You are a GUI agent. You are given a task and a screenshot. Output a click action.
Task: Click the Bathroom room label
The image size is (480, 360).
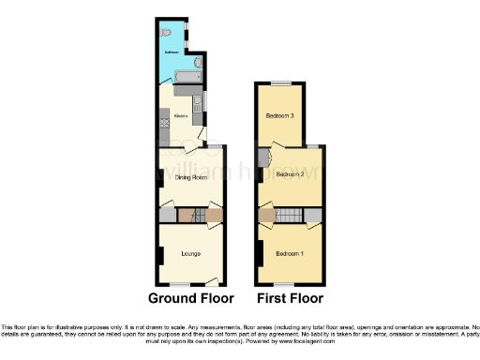[172, 52]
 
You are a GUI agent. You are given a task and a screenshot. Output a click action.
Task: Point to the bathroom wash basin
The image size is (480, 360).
[199, 65]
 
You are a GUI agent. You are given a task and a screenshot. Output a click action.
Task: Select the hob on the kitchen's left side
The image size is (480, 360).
[163, 121]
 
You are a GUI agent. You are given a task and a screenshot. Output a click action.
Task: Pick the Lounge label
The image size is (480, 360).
[191, 254]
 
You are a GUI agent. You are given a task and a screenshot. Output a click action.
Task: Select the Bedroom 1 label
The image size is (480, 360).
[290, 254]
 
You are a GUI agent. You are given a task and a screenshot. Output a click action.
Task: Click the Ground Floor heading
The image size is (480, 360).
[190, 298]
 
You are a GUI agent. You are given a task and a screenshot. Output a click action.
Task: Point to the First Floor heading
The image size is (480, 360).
[289, 298]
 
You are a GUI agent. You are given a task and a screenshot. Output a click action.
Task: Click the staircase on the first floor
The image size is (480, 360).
[291, 217]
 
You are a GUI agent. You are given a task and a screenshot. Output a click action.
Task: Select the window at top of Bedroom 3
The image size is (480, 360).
[279, 84]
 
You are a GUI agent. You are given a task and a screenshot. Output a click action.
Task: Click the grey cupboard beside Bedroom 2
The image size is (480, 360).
[262, 157]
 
